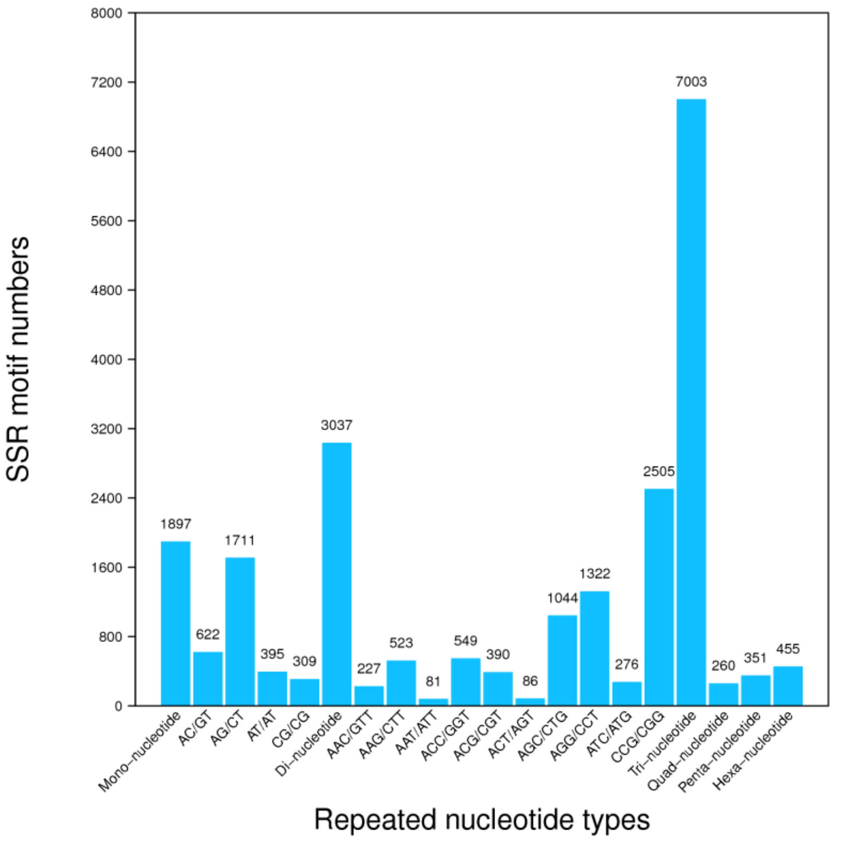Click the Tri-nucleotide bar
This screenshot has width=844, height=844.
pyautogui.click(x=691, y=402)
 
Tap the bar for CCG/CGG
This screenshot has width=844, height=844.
pyautogui.click(x=659, y=597)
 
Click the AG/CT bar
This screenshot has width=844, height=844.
pyautogui.click(x=240, y=631)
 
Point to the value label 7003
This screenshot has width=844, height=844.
pyautogui.click(x=691, y=82)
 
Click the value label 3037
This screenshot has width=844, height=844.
pyautogui.click(x=337, y=425)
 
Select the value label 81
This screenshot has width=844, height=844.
pyautogui.click(x=433, y=681)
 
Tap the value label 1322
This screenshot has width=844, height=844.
pyautogui.click(x=594, y=573)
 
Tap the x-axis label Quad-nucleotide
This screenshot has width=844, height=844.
pyautogui.click(x=688, y=751)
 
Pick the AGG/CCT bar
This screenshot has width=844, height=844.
pyautogui.click(x=594, y=648)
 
